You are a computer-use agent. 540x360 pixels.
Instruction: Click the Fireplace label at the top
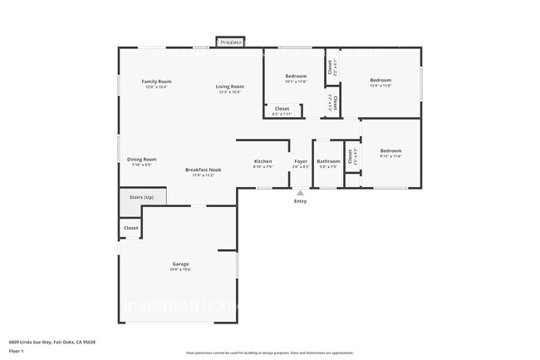(x=231, y=42)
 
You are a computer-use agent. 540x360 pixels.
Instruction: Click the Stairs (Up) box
(x=141, y=197)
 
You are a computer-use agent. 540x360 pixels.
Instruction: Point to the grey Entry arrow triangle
(x=300, y=192)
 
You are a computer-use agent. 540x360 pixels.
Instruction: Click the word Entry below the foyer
(x=300, y=201)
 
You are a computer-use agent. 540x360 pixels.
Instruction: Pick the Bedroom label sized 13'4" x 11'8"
(x=380, y=81)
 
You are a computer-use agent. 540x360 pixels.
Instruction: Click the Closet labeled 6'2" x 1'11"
(x=282, y=109)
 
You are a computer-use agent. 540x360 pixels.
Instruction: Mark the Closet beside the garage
(x=130, y=227)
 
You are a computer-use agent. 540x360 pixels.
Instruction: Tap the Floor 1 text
(x=17, y=350)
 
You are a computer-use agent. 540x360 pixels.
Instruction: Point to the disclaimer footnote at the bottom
(x=270, y=353)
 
